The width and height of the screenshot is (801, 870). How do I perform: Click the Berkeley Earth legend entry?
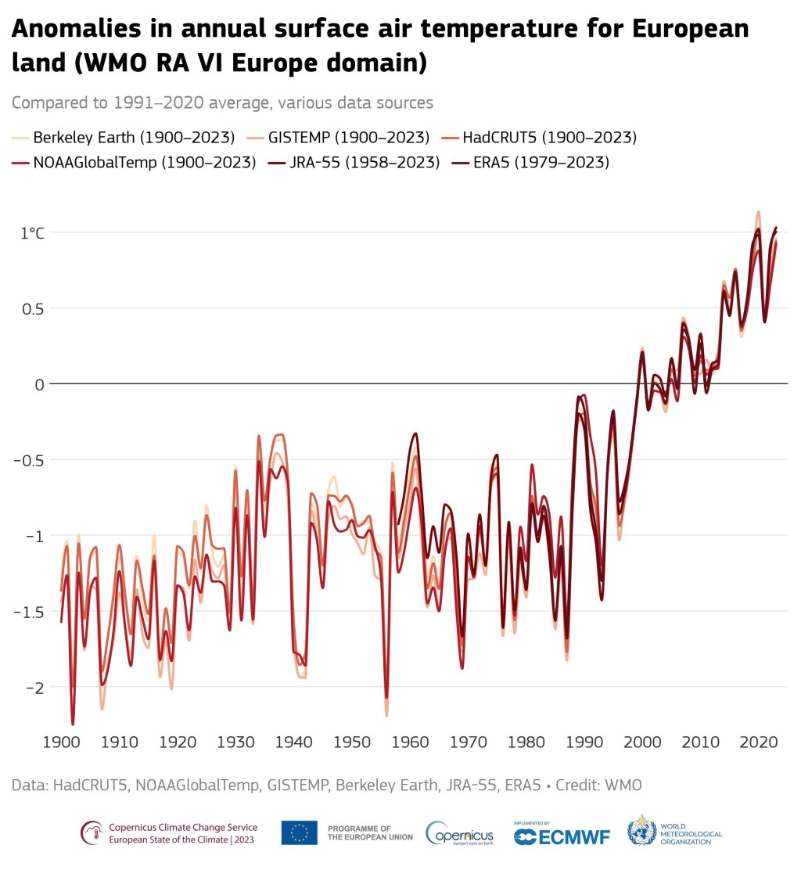(x=124, y=137)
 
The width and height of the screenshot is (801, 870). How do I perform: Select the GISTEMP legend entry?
(x=339, y=137)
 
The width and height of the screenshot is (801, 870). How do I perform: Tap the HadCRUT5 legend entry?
(x=539, y=137)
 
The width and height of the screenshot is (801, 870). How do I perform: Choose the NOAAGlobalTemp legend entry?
(x=135, y=162)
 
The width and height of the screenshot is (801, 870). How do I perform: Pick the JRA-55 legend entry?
(x=354, y=162)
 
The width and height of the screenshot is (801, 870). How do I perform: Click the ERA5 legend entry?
(x=531, y=162)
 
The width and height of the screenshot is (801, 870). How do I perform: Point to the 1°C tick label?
(x=32, y=233)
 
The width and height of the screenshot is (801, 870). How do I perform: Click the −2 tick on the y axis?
(x=34, y=688)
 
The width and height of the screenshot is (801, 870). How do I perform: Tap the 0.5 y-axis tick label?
(x=33, y=309)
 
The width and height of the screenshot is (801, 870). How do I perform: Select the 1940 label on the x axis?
(x=294, y=742)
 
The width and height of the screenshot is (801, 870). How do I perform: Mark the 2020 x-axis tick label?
(x=758, y=742)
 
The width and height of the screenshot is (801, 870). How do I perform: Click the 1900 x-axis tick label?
(x=62, y=742)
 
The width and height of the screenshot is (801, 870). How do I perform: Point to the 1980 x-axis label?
(x=526, y=742)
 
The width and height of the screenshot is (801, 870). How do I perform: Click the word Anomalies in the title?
(x=77, y=28)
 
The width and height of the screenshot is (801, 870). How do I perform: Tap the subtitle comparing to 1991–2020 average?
(x=222, y=102)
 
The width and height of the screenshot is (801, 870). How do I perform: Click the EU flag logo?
(x=299, y=832)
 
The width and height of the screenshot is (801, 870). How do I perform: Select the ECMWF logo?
(x=562, y=835)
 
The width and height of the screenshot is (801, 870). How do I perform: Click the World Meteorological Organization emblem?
(x=641, y=831)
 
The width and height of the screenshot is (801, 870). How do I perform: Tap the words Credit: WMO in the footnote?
(x=598, y=785)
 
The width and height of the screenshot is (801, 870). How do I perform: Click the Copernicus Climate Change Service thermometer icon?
(x=92, y=832)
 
